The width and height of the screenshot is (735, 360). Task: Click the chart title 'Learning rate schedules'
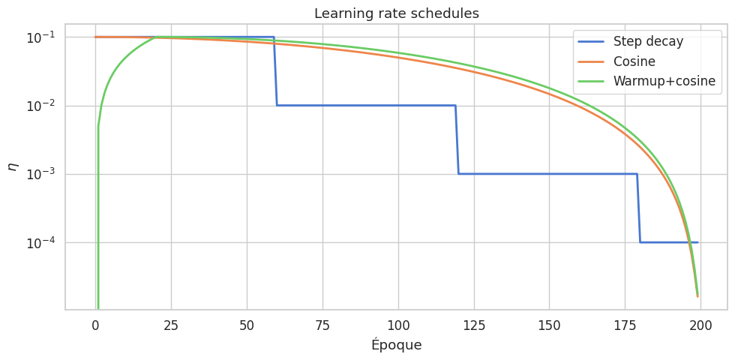pos(396,13)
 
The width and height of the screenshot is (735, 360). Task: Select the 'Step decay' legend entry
pos(648,41)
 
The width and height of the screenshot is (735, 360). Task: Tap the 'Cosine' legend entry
pos(634,61)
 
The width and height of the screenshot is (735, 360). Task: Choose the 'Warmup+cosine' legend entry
pos(664,81)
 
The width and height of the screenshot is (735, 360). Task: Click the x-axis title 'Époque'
pos(396,345)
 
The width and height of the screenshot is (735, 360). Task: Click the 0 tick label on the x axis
pos(95,325)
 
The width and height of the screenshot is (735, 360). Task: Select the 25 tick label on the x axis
pos(171,325)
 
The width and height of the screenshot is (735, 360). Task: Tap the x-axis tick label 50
pos(247,325)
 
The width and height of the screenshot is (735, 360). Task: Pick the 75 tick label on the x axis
pos(322,325)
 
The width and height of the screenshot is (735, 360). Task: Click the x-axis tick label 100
pos(398,325)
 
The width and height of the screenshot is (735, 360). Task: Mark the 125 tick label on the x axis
pos(474,325)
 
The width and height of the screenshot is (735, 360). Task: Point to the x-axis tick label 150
pos(549,325)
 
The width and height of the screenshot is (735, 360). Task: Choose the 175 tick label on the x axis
pos(625,325)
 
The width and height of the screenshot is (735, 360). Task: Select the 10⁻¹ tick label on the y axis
pos(43,37)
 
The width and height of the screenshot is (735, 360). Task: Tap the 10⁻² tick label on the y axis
pos(43,106)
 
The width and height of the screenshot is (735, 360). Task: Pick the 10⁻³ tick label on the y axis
pos(43,174)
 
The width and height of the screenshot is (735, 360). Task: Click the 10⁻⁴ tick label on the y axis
pos(43,243)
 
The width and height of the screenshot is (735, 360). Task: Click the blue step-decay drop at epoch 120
pos(457,139)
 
